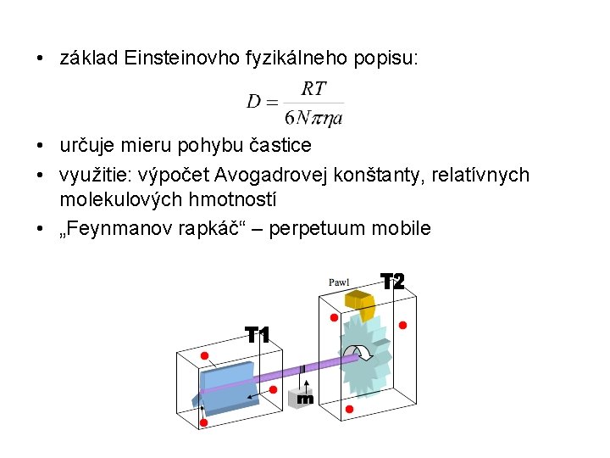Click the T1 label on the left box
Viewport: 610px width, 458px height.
coord(258,335)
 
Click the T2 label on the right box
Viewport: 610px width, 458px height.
coord(392,282)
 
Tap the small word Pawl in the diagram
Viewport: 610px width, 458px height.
coord(339,282)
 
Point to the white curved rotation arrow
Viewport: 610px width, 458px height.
coord(362,354)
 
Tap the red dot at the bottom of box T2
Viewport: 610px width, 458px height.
coord(349,410)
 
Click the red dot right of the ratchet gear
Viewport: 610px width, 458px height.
coord(402,325)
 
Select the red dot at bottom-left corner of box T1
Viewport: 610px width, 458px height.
coord(203,422)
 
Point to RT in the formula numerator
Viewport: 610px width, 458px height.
coord(313,89)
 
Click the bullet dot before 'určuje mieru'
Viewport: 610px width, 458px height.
coord(40,146)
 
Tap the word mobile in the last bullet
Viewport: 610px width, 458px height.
coord(403,228)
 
